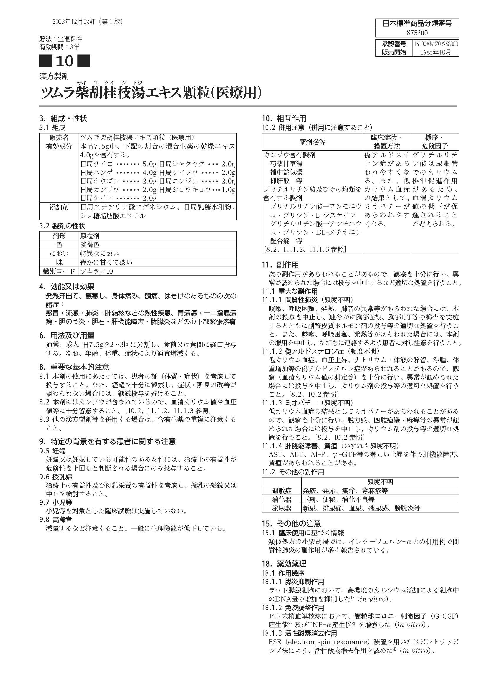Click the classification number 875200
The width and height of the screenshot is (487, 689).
point(417,32)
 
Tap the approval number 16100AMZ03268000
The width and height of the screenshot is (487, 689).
point(436,44)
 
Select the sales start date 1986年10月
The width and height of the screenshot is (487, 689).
point(435,52)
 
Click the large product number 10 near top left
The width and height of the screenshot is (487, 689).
point(64,61)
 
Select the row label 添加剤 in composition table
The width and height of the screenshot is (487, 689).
point(59,207)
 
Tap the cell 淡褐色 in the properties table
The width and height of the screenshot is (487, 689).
point(90,244)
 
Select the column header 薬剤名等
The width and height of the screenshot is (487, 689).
point(312,142)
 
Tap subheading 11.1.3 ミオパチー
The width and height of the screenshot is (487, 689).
point(307,402)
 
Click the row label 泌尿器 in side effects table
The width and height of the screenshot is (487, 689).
point(281,508)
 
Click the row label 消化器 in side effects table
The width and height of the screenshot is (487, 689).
point(281,500)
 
